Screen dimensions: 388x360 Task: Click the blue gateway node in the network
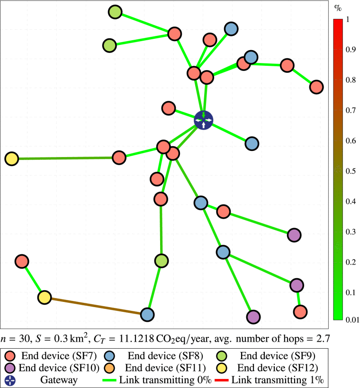(204, 120)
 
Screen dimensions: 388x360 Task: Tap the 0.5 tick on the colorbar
(351, 171)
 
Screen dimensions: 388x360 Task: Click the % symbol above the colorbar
(338, 8)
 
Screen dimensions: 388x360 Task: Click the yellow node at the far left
(11, 159)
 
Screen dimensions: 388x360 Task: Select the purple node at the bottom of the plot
(253, 317)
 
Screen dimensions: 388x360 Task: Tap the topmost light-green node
(115, 12)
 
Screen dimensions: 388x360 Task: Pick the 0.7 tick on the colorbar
(351, 111)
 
